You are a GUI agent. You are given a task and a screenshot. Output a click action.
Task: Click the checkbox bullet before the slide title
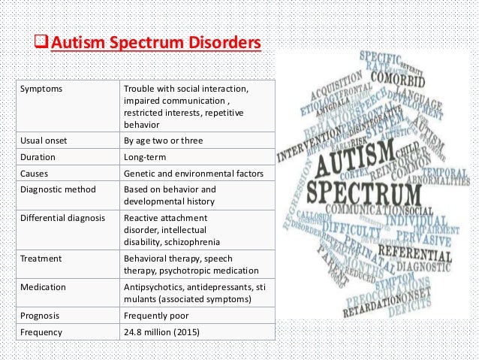click(x=43, y=43)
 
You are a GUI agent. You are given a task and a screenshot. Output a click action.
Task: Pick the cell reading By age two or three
click(x=163, y=141)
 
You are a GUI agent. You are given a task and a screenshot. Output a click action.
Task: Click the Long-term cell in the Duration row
click(x=145, y=158)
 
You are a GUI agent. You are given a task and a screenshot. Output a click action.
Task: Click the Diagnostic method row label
click(x=53, y=189)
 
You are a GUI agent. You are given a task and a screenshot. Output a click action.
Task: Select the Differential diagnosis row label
click(x=60, y=218)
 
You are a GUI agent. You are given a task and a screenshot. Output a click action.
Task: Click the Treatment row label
click(x=42, y=258)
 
